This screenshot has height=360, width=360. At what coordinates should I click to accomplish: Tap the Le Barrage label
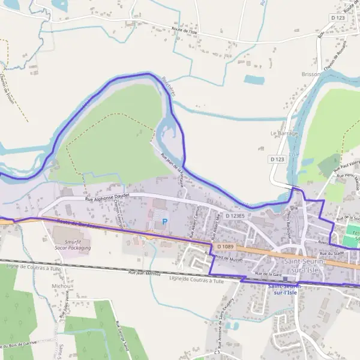tap(284, 133)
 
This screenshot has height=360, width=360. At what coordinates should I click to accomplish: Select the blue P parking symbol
tap(165, 221)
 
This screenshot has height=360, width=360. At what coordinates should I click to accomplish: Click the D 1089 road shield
tap(226, 246)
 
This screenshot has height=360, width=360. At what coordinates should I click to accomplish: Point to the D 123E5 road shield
tap(236, 215)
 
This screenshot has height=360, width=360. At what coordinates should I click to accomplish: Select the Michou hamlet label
tap(61, 287)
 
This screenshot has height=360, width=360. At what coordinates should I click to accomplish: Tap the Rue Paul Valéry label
tap(346, 167)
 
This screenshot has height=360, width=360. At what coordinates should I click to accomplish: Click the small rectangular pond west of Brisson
tap(254, 79)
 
